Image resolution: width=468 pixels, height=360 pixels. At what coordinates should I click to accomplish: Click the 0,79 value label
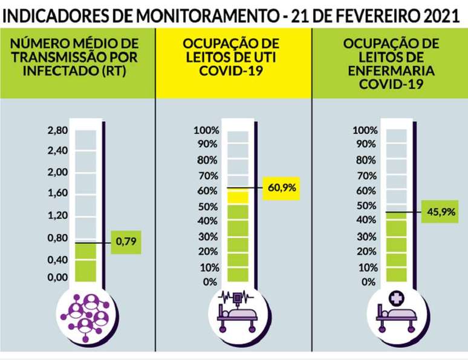point(126,242)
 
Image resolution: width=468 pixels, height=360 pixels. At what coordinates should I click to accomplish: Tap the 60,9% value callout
point(281,188)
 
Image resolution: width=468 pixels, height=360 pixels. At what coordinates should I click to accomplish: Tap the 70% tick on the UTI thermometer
point(207,175)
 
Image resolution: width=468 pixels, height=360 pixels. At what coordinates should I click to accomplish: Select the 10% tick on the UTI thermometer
point(207,267)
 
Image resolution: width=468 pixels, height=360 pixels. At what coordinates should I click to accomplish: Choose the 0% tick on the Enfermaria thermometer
point(368,282)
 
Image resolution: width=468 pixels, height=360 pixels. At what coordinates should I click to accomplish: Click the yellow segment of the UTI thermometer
point(238,197)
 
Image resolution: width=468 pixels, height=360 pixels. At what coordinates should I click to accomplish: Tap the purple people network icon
point(84,313)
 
